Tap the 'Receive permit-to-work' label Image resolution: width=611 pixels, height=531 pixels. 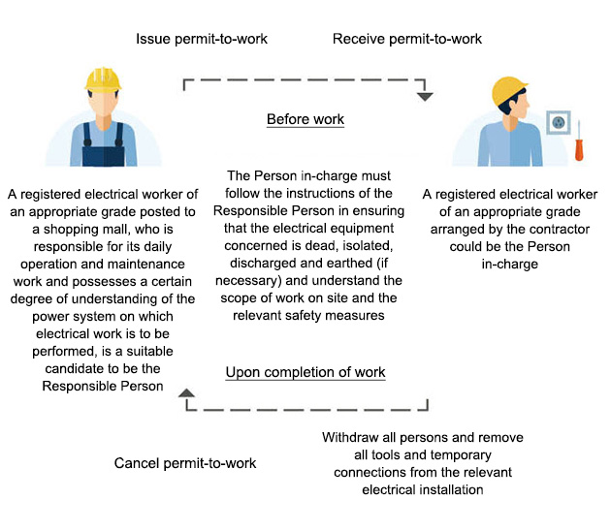(407, 39)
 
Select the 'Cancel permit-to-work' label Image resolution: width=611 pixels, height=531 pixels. (185, 463)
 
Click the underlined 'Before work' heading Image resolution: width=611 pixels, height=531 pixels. (305, 120)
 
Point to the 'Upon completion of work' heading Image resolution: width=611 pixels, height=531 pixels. (305, 372)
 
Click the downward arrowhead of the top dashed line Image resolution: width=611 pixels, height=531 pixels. (425, 96)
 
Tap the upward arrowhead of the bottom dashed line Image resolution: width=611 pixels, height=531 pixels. (186, 391)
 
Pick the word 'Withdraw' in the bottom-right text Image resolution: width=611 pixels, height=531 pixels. (352, 438)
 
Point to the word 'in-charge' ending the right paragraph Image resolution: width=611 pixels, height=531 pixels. (509, 264)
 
